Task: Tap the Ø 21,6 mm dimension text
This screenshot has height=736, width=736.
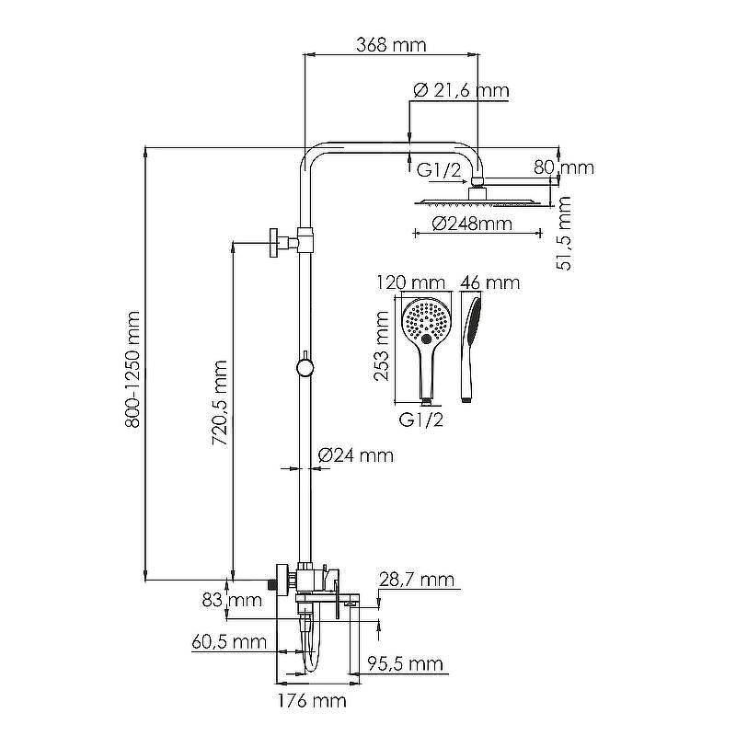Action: coord(461,90)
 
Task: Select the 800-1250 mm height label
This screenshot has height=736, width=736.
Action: coord(133,368)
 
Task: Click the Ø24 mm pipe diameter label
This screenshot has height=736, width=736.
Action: coord(355,455)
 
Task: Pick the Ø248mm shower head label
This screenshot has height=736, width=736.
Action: coord(471,224)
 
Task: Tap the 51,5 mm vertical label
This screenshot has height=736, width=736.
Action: coord(566,233)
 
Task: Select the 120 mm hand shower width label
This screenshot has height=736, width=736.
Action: coord(411,282)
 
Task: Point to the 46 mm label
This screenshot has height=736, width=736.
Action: coord(489,282)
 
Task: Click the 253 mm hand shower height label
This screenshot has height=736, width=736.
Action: coord(383,345)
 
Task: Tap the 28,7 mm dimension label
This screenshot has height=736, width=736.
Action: coord(417,579)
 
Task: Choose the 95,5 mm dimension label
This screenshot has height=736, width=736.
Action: coord(406,663)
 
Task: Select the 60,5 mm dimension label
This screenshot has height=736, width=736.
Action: coord(229,642)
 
